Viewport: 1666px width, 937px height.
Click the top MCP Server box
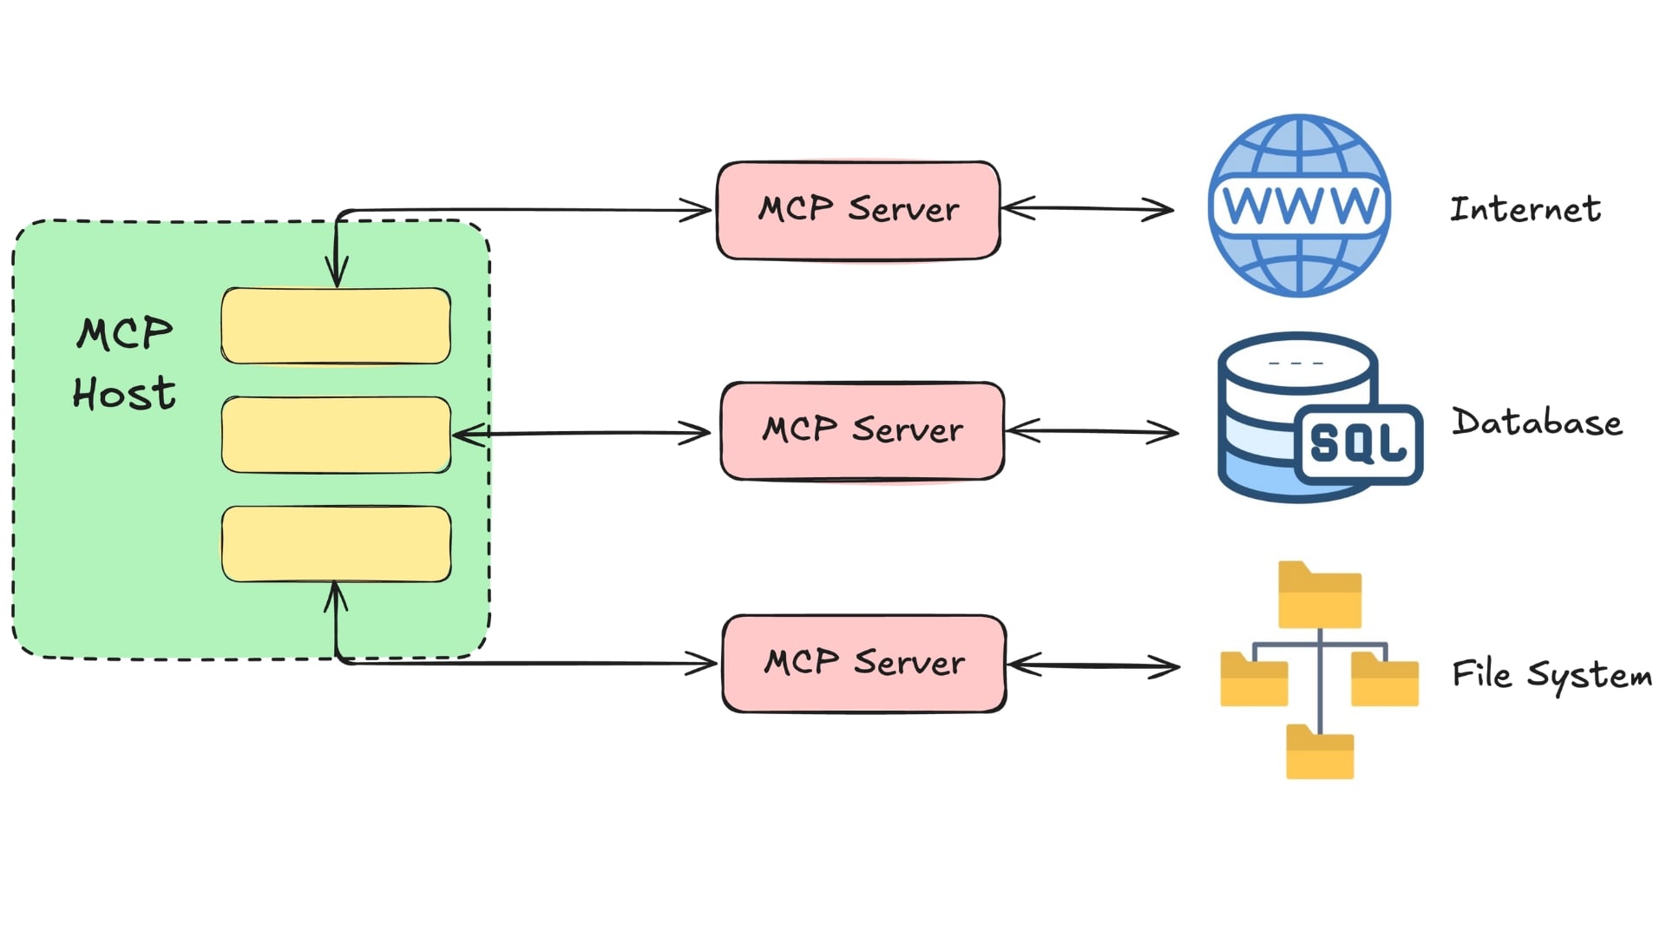(858, 210)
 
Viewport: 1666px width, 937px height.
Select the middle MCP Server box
(862, 430)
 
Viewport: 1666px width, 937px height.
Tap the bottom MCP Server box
(864, 664)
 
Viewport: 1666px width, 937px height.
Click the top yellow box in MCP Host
(336, 326)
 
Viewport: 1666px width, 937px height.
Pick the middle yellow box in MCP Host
(336, 435)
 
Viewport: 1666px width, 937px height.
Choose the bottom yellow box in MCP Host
(336, 544)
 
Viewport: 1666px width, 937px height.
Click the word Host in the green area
(124, 394)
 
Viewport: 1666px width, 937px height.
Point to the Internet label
(1525, 209)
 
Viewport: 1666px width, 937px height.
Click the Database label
(1537, 423)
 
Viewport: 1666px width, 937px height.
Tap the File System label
(1551, 675)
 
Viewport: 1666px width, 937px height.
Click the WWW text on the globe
(1299, 206)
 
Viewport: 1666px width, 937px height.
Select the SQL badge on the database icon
(1358, 443)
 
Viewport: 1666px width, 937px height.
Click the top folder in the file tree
(1319, 596)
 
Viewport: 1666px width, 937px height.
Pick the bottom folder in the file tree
(1319, 752)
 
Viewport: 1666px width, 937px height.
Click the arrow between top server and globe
(1087, 208)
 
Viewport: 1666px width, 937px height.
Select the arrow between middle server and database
(1092, 430)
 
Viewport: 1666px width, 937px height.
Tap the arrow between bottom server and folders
(1093, 665)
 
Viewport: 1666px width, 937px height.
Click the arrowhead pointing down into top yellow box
(337, 274)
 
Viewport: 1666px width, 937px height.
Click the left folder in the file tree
(1253, 679)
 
